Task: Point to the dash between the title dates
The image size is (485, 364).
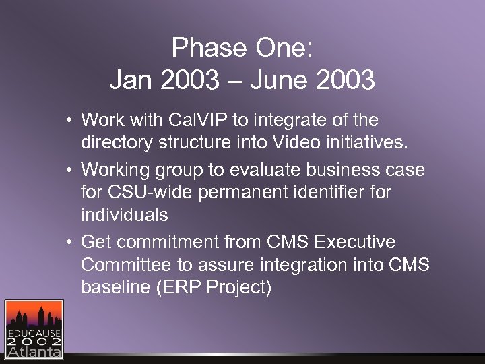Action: pos(235,82)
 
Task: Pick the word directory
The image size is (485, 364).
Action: pos(117,144)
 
